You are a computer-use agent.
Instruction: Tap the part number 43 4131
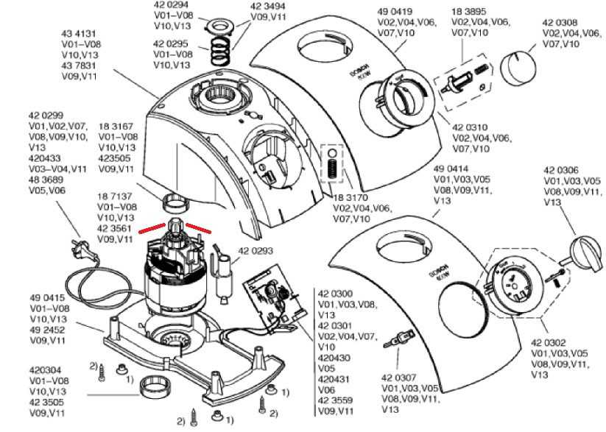pyautogui.click(x=79, y=34)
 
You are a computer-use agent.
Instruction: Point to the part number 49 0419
pyautogui.click(x=394, y=13)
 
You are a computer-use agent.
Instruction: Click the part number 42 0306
pyautogui.click(x=561, y=170)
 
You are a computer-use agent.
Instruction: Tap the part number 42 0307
pyautogui.click(x=398, y=378)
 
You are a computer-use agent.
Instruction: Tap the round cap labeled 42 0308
pyautogui.click(x=519, y=69)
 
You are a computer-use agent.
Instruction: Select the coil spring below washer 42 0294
pyautogui.click(x=219, y=52)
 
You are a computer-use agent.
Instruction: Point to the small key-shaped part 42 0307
pyautogui.click(x=398, y=340)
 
